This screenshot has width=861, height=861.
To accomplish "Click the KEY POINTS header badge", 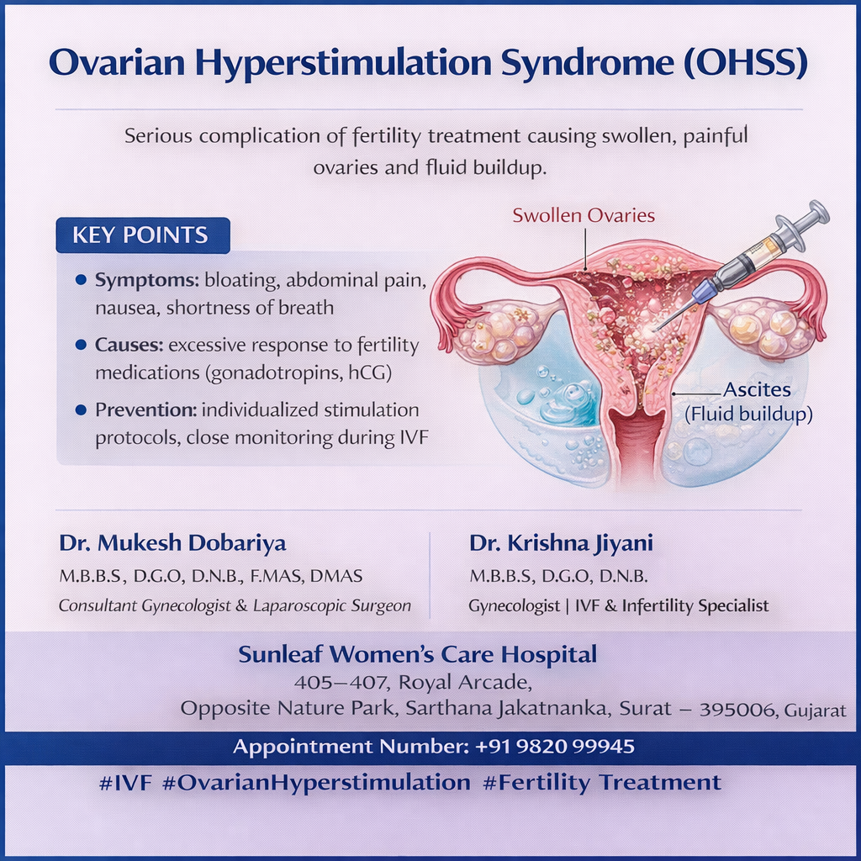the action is coord(143,235).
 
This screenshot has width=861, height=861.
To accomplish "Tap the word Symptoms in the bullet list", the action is coord(146,281).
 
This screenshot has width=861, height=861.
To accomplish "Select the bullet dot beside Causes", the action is coord(81,345).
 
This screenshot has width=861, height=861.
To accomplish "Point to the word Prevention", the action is coord(145,409).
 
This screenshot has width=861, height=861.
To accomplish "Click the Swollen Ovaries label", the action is coord(584,215).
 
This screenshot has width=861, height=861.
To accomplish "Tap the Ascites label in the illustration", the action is coord(757,389).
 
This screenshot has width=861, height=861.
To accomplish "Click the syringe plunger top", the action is coord(817,212).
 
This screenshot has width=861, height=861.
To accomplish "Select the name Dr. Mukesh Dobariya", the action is coord(172,542).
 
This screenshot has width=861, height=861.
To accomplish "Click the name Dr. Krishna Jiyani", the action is coord(561,543).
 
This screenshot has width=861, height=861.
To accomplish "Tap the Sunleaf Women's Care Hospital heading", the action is coord(417,654).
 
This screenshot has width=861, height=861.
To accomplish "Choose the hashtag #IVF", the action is coord(125,783).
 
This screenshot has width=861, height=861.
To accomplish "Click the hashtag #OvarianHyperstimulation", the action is coord(316,783).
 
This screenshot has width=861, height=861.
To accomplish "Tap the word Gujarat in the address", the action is coord(815,710).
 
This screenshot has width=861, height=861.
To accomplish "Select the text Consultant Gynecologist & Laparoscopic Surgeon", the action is coord(235,605).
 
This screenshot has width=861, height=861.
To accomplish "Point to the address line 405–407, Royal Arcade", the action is coord(413,682).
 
